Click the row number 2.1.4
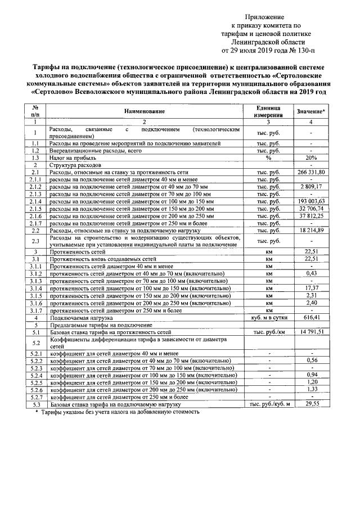click(x=35, y=201)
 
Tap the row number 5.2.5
click(x=35, y=382)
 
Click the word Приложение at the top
click(x=264, y=17)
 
